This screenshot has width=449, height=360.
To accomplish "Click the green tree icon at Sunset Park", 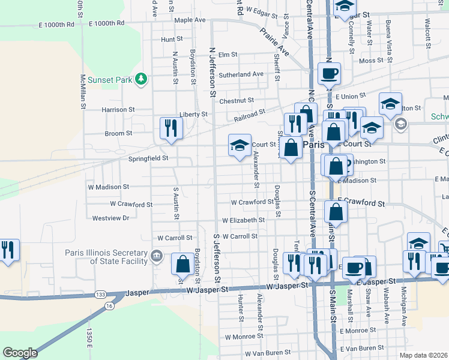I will click(141, 79).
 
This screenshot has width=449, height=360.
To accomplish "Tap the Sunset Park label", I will click(109, 79).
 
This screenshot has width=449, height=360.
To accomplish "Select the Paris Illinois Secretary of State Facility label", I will click(119, 257).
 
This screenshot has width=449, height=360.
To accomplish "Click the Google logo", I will click(20, 353).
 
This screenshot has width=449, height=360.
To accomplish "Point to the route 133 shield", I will click(100, 295).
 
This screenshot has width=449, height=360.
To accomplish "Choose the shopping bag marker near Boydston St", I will click(182, 264).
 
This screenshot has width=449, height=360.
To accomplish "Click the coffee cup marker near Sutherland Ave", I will click(329, 74).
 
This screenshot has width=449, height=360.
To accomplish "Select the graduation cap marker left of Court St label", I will click(239, 145).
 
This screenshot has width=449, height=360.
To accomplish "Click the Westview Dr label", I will click(109, 218).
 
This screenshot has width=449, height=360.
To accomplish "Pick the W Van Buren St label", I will click(267, 353).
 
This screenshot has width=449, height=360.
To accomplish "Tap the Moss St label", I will click(371, 61).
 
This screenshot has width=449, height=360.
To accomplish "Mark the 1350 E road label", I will click(88, 338).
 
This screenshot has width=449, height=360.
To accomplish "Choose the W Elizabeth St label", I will click(243, 220).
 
